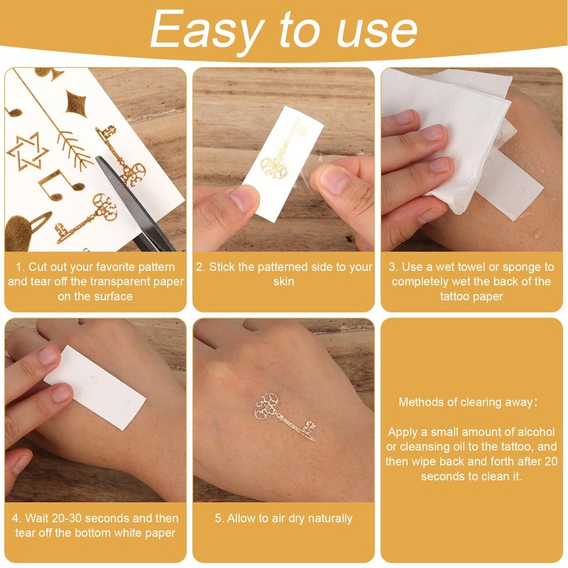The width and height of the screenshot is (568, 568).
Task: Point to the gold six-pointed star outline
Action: [x=28, y=152]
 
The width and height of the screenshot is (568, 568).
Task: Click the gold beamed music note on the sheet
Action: [x=61, y=185]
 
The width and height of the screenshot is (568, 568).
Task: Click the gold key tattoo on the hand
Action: [x=285, y=416]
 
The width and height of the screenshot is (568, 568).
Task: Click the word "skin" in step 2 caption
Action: [x=283, y=281]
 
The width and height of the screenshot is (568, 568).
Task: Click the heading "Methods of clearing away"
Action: [x=466, y=402]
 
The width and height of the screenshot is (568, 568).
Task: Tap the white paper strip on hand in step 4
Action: [x=95, y=387]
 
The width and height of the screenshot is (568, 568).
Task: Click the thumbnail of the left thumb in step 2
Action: [x=241, y=199]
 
